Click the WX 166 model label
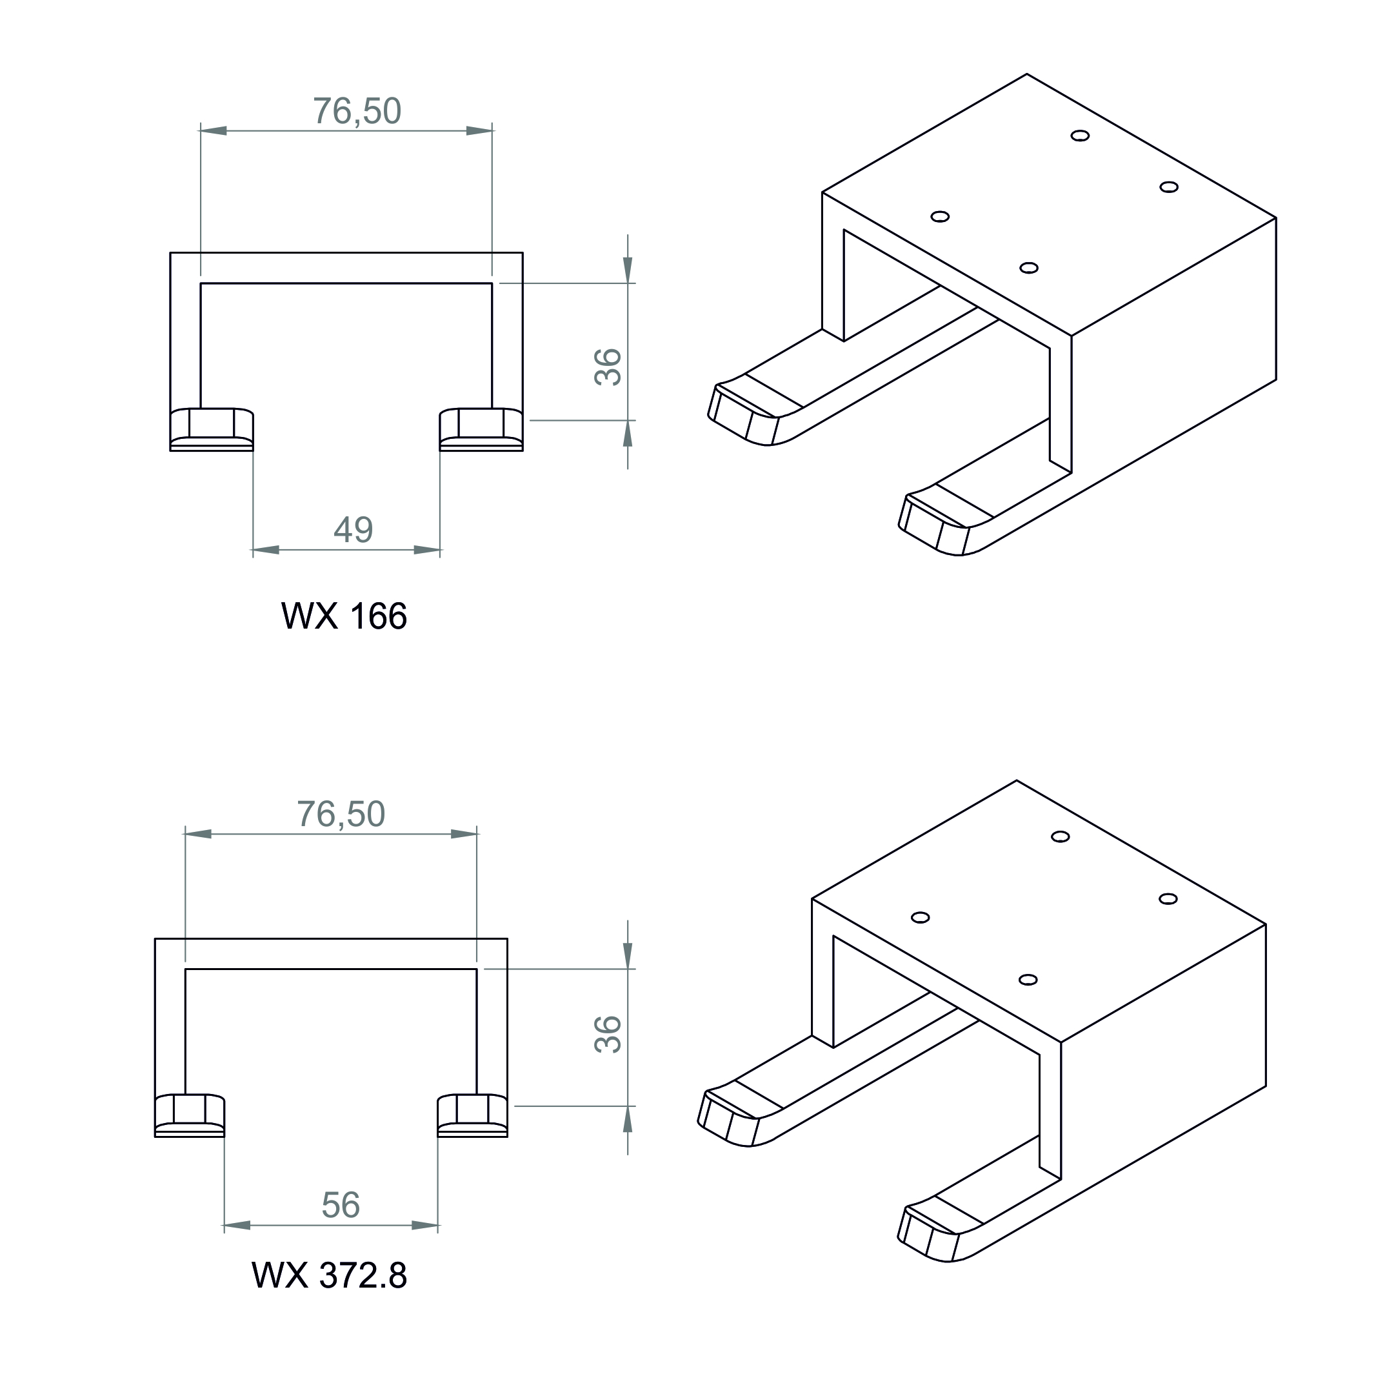click(x=344, y=616)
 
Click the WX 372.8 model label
click(x=330, y=1276)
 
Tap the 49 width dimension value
click(x=354, y=530)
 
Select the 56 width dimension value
click(x=341, y=1205)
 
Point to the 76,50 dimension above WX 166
click(x=357, y=111)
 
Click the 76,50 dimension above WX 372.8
click(x=341, y=815)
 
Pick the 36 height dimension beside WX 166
click(x=608, y=367)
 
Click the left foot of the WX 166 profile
click(x=212, y=429)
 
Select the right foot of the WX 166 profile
click(x=481, y=429)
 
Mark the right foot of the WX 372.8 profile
click(x=473, y=1116)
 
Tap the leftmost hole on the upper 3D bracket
click(x=940, y=216)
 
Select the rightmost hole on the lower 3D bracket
click(x=1168, y=899)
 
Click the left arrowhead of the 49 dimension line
click(x=266, y=550)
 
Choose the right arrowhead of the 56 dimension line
click(x=425, y=1226)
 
